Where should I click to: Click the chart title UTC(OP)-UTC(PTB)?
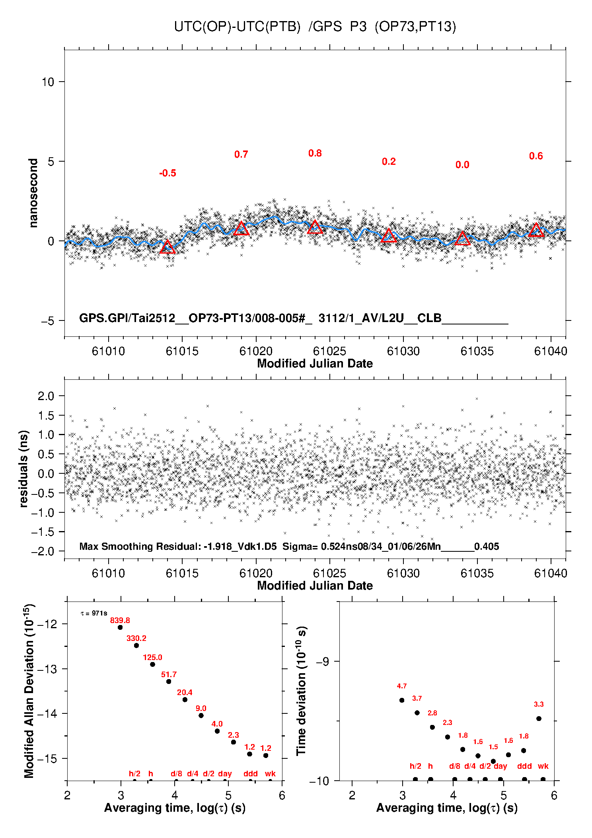237,27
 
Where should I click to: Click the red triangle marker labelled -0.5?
167,247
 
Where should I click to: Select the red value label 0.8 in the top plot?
315,153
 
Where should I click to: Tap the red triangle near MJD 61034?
462,238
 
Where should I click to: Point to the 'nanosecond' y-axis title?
33,193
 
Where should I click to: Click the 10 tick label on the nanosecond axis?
48,82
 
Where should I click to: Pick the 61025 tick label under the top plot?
329,351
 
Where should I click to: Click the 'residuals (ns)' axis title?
24,469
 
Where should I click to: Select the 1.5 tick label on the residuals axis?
46,416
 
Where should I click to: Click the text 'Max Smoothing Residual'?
139,546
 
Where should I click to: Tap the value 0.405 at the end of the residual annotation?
487,546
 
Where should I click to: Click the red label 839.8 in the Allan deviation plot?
120,620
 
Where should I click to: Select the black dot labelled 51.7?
169,682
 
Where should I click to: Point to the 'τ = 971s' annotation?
94,613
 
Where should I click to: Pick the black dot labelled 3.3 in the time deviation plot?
539,719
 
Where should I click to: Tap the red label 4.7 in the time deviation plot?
402,686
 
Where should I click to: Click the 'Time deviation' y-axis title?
302,691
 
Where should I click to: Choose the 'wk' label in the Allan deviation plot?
270,774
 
